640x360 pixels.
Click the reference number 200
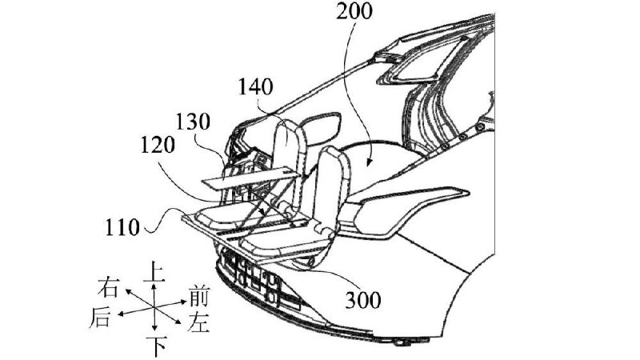point(354,11)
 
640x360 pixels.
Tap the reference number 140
point(255,87)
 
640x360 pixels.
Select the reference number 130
point(193,122)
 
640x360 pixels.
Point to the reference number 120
point(158,145)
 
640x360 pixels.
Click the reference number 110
point(122,227)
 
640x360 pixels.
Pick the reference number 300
point(363,301)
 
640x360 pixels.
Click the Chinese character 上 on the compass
point(154,271)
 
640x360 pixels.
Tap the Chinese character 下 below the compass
point(158,347)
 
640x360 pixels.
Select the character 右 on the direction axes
point(109,287)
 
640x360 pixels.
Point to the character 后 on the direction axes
point(100,318)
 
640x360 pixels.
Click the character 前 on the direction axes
point(199,297)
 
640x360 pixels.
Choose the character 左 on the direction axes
point(198,322)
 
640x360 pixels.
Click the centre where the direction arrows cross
point(154,307)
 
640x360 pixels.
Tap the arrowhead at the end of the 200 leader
point(369,164)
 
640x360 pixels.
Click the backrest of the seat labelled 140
point(290,147)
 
